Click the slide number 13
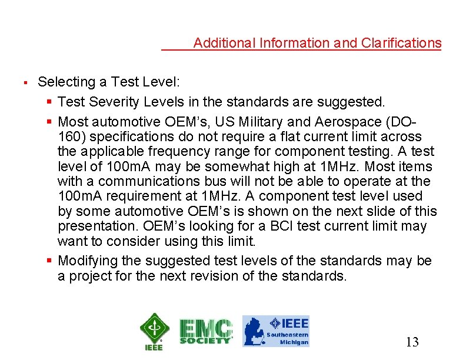(412, 342)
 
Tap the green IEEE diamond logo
(154, 331)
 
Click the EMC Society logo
(206, 331)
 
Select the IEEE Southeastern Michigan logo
(276, 331)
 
